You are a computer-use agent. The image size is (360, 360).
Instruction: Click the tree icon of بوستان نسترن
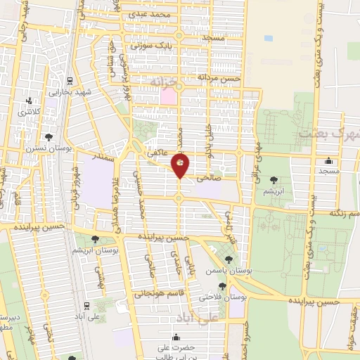pos(48,138)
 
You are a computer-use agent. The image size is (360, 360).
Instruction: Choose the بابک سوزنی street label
pos(155,43)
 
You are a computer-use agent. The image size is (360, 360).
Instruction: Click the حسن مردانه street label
pos(219,78)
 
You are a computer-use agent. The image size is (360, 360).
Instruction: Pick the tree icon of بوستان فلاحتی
pos(223,285)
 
